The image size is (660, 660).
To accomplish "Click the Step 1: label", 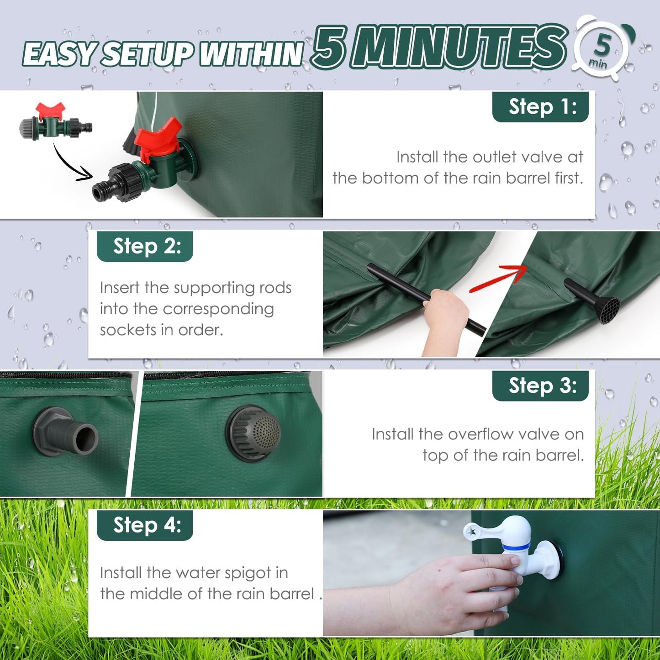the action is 540,106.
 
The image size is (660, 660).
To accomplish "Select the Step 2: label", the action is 145,246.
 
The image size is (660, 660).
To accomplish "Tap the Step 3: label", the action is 540,385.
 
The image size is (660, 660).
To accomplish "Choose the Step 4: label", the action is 145,525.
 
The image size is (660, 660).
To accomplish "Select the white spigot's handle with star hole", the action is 495,530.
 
